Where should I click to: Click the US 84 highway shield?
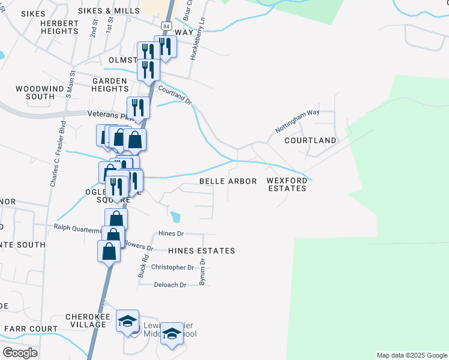tap(166, 27)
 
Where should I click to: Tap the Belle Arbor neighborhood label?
tap(228, 181)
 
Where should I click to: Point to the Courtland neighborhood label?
tap(310, 140)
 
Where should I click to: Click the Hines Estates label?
tap(201, 251)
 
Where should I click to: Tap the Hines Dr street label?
tap(171, 233)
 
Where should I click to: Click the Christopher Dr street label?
tap(172, 267)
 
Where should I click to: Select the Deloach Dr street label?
tap(170, 285)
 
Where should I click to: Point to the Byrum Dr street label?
tap(202, 272)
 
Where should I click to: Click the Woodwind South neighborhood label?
tap(35, 92)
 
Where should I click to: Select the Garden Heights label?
tap(109, 85)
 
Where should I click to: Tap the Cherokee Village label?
tap(85, 320)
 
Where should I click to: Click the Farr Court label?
tap(31, 329)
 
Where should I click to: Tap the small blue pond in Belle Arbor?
tap(175, 216)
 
